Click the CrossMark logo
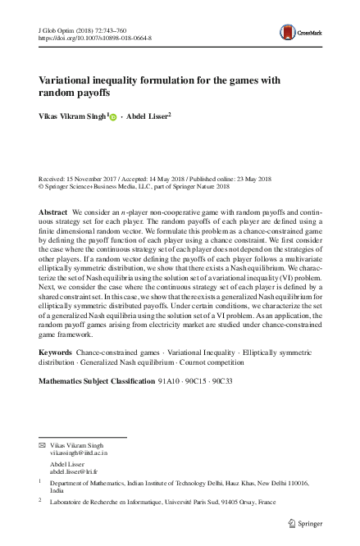click(298, 33)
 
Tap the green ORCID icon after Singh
click(113, 117)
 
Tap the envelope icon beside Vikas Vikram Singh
click(43, 444)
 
